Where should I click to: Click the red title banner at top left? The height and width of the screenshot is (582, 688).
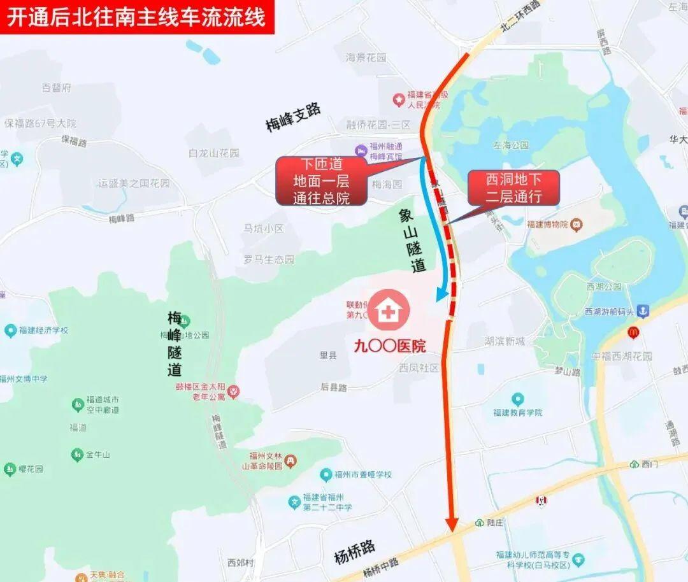136,17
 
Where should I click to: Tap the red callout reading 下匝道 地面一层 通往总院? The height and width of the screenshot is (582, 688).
322,181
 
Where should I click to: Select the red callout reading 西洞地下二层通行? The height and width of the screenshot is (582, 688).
513,187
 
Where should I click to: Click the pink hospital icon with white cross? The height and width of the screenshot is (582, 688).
387,311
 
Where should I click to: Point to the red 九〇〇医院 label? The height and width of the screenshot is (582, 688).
391,346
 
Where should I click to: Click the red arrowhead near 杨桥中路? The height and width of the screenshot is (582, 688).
452,523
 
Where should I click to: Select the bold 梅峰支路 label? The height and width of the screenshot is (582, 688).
294,118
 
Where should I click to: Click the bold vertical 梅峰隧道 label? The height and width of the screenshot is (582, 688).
175,343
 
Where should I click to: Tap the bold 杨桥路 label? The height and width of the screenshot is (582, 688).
355,552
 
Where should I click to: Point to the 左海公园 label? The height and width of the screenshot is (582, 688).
511,145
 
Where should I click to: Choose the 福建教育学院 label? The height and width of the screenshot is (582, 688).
518,412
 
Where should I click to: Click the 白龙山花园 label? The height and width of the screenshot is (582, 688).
214,153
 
